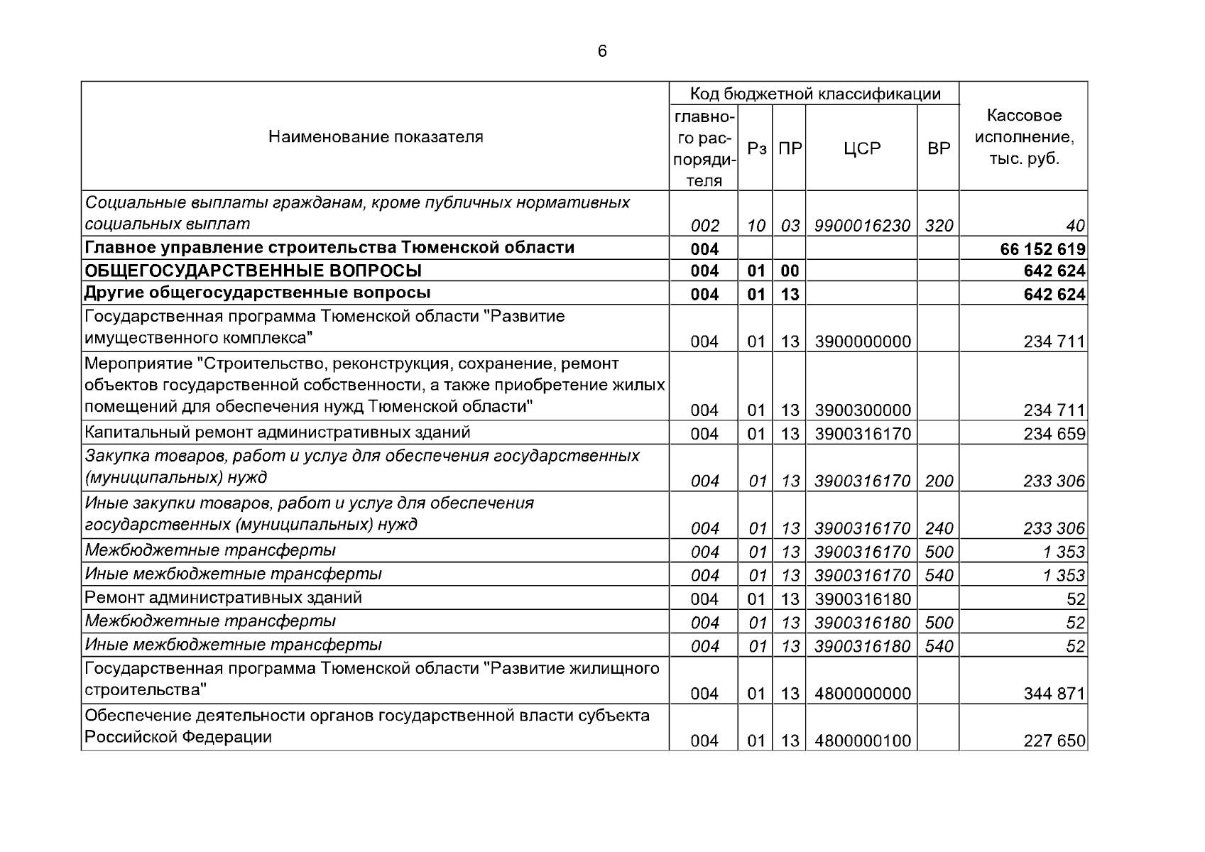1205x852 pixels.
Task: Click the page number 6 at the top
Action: point(602,51)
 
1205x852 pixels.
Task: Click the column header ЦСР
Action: point(862,148)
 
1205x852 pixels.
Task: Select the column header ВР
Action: point(939,148)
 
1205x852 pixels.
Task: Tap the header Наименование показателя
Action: point(376,136)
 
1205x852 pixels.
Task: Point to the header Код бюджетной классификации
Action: point(815,94)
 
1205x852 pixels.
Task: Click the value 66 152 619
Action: point(1042,249)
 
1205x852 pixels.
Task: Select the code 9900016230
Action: point(862,226)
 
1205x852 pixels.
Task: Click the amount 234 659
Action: point(1054,434)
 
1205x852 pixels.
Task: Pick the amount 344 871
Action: point(1054,694)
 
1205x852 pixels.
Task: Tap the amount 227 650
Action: point(1054,741)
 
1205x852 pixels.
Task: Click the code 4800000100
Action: point(862,741)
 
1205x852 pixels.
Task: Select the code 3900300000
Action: point(862,410)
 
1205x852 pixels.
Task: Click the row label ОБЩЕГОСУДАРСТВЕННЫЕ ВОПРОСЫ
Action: point(253,271)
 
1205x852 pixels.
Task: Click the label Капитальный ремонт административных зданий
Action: point(277,432)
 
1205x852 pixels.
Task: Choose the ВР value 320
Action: point(939,226)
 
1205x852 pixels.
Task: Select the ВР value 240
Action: point(939,528)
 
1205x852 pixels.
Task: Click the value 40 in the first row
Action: point(1075,226)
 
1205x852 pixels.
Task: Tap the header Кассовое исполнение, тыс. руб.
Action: point(1023,136)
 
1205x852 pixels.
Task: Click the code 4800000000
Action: point(862,694)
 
